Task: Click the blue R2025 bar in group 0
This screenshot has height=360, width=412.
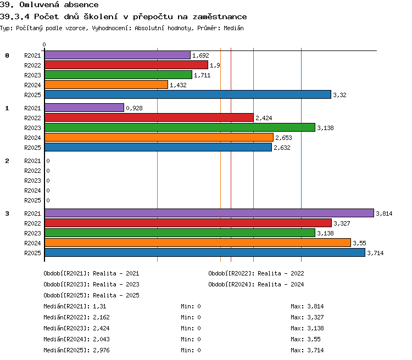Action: click(188, 94)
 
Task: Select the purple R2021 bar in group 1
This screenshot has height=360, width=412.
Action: click(84, 108)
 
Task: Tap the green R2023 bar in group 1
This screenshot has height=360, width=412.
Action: click(180, 127)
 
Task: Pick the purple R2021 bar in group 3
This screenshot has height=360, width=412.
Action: click(209, 213)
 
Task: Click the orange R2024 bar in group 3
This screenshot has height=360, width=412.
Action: click(198, 243)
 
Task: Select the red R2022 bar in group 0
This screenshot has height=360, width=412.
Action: click(126, 65)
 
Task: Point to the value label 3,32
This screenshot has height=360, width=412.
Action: click(339, 95)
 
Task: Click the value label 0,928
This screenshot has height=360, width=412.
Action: click(134, 108)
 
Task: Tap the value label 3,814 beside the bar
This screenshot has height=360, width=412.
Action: click(384, 213)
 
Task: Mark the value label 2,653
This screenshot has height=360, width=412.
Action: click(283, 138)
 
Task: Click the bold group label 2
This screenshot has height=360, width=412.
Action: click(7, 161)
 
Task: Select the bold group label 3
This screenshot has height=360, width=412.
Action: click(7, 213)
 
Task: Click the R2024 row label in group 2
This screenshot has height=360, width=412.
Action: click(32, 190)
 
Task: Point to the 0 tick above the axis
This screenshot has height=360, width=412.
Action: click(44, 44)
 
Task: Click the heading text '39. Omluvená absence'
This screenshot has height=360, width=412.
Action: click(49, 4)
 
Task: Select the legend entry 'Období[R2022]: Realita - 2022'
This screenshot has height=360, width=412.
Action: click(256, 273)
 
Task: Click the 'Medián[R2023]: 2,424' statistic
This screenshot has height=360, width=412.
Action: click(76, 328)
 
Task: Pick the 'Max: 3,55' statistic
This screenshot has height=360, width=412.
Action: click(305, 339)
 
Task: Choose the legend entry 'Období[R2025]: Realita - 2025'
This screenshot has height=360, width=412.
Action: click(91, 295)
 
